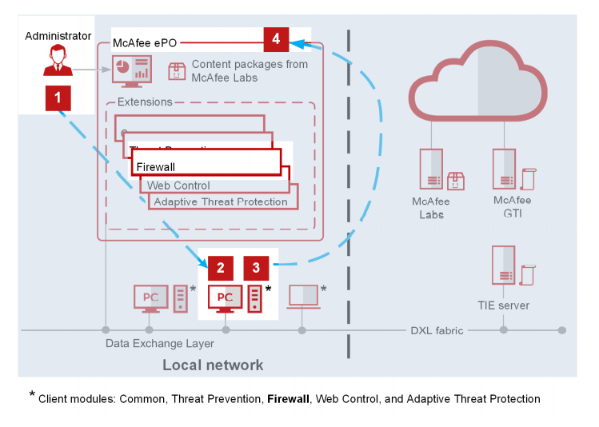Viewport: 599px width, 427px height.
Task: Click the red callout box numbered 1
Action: pos(58,98)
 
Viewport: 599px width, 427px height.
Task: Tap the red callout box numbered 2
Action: pos(221,268)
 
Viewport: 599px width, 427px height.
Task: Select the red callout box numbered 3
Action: pos(256,268)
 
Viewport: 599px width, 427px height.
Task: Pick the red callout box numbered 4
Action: pos(276,38)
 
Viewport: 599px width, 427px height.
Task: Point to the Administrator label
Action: pos(57,36)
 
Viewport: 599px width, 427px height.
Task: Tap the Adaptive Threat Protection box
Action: pos(221,201)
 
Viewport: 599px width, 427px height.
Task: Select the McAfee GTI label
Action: pos(512,207)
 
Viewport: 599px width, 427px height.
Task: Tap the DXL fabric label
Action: pos(437,330)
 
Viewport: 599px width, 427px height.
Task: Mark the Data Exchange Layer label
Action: pos(160,344)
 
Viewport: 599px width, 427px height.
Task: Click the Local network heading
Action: pos(213,365)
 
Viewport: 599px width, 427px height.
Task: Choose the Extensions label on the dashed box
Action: pos(145,102)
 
